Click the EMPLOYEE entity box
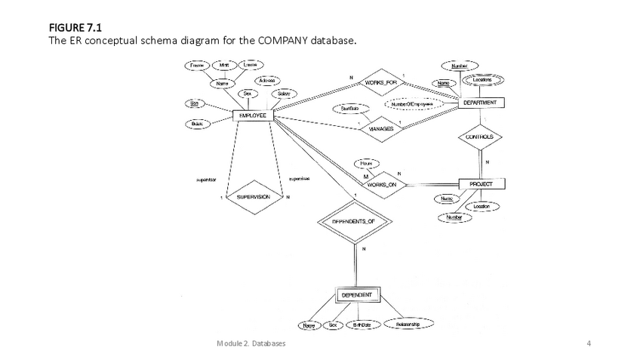coord(253,115)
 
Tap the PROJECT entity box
coord(481,183)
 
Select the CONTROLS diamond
coord(480,137)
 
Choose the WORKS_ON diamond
coord(383,183)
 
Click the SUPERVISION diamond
coord(253,197)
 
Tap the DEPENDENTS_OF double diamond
coord(354,222)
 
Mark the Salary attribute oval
coord(283,94)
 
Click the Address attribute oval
coord(266,80)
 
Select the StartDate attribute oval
coord(349,109)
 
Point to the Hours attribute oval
coord(366,163)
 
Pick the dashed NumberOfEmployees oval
coord(413,104)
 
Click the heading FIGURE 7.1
coord(75,28)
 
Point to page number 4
coord(589,344)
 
